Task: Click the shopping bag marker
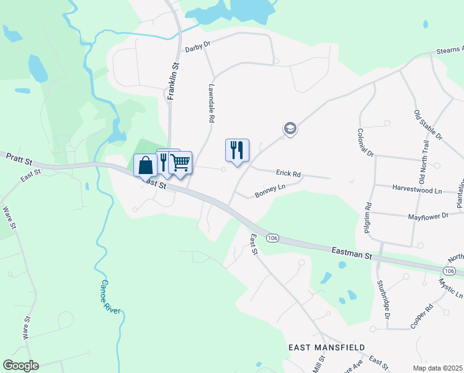145,165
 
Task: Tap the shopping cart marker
181,163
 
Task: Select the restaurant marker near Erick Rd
237,150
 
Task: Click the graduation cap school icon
289,129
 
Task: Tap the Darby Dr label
198,47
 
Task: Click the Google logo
20,365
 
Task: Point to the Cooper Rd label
421,316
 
